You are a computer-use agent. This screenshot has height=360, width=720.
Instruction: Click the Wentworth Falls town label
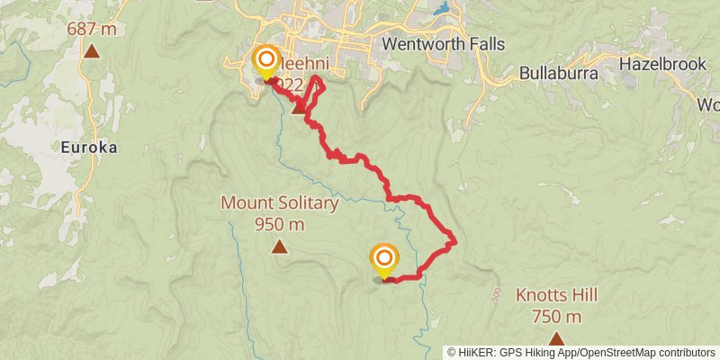pyautogui.click(x=443, y=44)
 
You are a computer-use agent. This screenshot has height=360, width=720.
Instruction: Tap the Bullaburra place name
pyautogui.click(x=559, y=73)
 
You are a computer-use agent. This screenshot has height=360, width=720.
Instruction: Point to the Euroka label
pyautogui.click(x=89, y=147)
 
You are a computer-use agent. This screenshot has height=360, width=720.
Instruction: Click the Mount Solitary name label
pyautogui.click(x=280, y=203)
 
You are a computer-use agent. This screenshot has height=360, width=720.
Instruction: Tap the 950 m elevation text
pyautogui.click(x=280, y=224)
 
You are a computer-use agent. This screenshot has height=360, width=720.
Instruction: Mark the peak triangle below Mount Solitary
pyautogui.click(x=280, y=247)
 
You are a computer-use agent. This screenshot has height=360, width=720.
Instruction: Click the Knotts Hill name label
pyautogui.click(x=556, y=295)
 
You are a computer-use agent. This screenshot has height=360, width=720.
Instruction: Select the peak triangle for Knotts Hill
pyautogui.click(x=556, y=338)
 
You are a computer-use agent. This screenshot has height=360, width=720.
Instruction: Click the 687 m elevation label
pyautogui.click(x=92, y=30)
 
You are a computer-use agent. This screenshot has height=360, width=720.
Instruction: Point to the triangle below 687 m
pyautogui.click(x=92, y=50)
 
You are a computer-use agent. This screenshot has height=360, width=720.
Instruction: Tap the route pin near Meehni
pyautogui.click(x=266, y=61)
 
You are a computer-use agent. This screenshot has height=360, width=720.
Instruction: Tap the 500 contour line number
pyautogui.click(x=496, y=294)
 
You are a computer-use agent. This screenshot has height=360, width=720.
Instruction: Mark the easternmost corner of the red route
pyautogui.click(x=456, y=241)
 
